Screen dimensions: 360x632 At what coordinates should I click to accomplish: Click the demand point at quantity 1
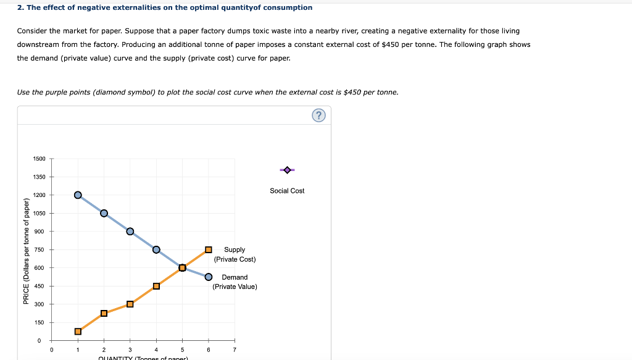(x=78, y=195)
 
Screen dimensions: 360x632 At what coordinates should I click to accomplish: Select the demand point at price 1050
(x=104, y=213)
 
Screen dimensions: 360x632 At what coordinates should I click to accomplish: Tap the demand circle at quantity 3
(x=130, y=232)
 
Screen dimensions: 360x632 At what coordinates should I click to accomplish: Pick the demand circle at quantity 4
(x=156, y=249)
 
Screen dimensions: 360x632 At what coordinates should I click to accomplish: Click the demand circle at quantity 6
(x=209, y=277)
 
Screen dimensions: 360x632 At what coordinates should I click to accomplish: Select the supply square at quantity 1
(x=78, y=332)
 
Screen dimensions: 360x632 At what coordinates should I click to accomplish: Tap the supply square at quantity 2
(x=104, y=313)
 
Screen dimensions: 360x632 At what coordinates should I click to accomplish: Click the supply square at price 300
(x=130, y=304)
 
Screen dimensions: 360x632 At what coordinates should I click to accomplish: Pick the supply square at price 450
(x=156, y=286)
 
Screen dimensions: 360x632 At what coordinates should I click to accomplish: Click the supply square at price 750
(x=209, y=249)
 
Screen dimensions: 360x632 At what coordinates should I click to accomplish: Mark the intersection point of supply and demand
(x=182, y=267)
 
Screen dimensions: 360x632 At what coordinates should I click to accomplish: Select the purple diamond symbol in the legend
(x=287, y=169)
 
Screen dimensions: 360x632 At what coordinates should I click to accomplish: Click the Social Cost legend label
(x=287, y=191)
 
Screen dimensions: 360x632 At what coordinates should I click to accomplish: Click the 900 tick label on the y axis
(x=40, y=232)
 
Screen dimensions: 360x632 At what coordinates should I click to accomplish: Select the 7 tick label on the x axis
(x=235, y=350)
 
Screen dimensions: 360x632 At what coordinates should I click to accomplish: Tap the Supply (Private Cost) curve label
(x=235, y=254)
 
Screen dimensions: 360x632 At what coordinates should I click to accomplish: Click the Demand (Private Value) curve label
(x=235, y=282)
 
